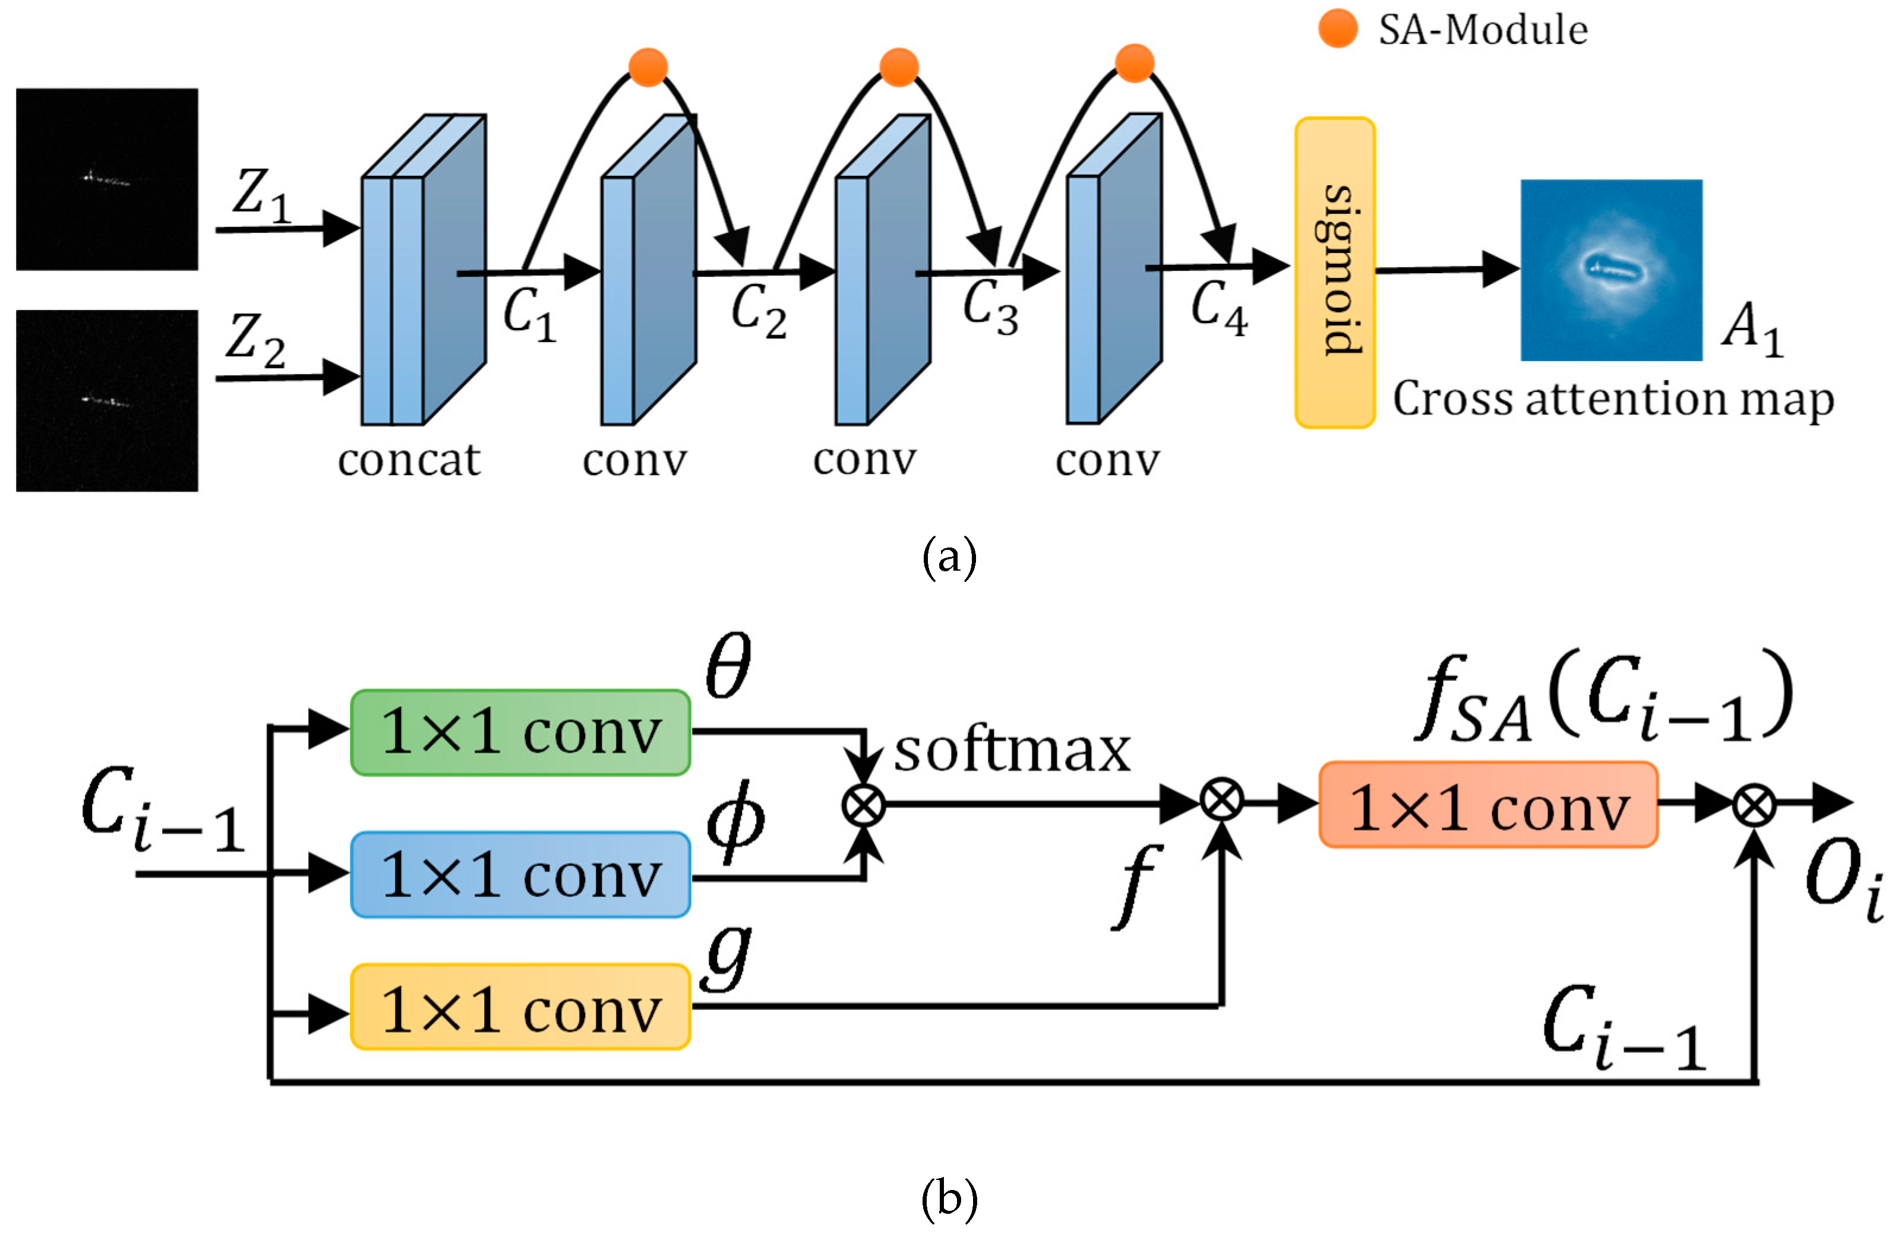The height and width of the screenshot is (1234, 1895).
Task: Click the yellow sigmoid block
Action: click(1334, 273)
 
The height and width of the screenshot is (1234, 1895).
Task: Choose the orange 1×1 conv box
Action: click(1488, 805)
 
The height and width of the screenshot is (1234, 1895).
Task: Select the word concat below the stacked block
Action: click(409, 460)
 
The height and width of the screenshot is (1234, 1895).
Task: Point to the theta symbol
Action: click(728, 666)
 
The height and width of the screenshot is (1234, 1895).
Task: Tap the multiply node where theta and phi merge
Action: click(864, 805)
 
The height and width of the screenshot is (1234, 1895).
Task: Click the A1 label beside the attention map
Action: click(1752, 330)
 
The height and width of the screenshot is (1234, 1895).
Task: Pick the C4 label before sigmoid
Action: click(1219, 307)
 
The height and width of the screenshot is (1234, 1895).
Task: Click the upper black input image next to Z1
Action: click(107, 179)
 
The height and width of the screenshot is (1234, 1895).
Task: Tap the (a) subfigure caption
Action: click(948, 557)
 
